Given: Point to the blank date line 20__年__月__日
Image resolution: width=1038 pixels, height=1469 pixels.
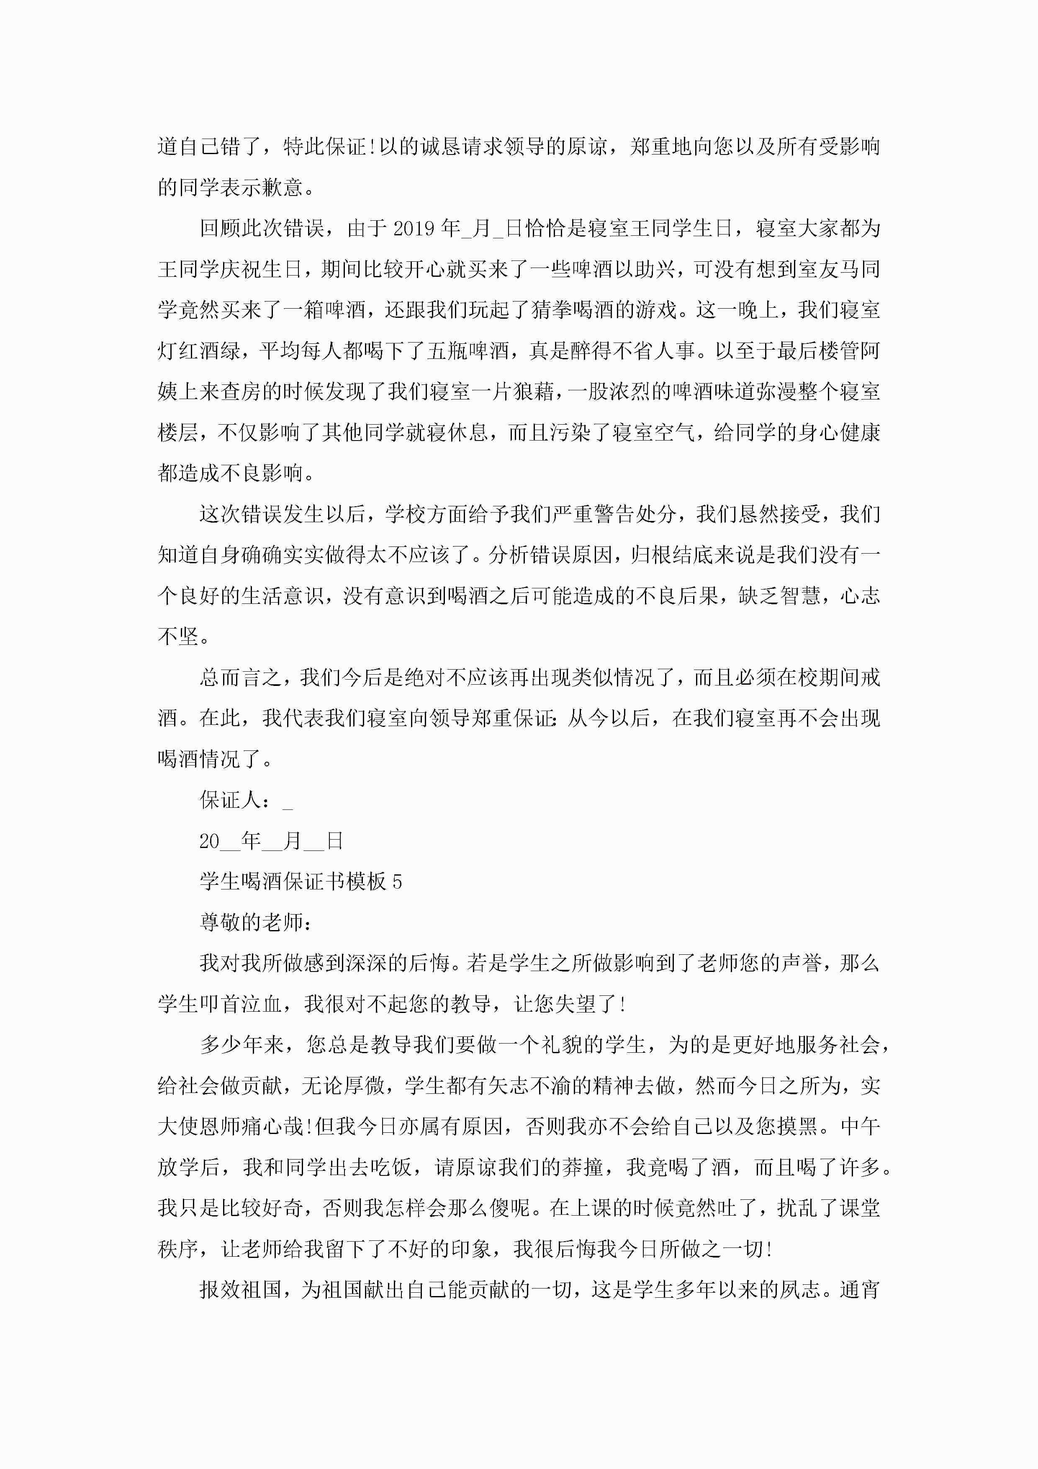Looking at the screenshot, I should pos(271,841).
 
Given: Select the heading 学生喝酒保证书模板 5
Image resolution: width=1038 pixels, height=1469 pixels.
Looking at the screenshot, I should pos(301,881).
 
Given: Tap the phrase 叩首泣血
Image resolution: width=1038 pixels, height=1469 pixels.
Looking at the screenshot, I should pos(241,1004).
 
